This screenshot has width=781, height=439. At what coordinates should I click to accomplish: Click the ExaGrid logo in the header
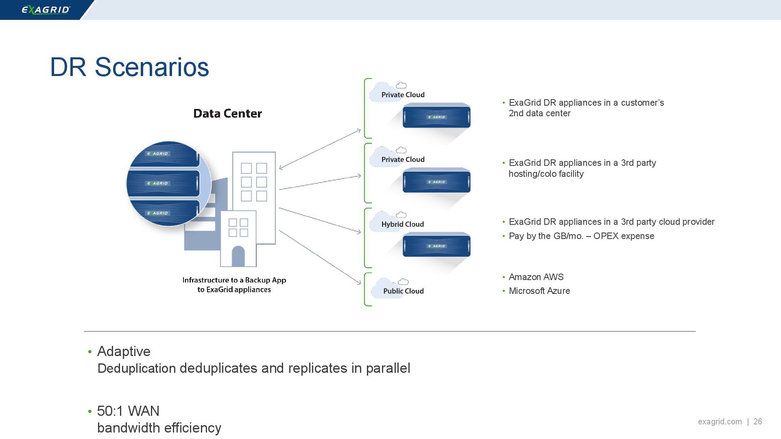46,10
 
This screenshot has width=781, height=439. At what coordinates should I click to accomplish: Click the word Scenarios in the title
152,67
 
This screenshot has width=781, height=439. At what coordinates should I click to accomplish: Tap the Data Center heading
227,113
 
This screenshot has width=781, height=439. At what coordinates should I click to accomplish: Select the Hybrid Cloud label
402,224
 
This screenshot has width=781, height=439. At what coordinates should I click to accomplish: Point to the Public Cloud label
403,291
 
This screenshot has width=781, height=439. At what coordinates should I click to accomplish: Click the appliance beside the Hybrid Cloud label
436,246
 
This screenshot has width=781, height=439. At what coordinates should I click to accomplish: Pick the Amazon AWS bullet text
536,277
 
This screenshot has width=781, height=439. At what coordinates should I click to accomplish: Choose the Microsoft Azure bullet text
539,291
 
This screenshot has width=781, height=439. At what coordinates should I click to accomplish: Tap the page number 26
757,422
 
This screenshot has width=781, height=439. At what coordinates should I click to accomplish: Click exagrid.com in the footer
720,422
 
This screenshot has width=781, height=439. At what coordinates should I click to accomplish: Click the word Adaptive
124,352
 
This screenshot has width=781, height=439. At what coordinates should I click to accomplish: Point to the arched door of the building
238,257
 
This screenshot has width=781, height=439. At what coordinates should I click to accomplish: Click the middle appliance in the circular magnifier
163,183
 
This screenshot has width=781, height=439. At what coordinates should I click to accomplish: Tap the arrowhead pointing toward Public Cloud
359,283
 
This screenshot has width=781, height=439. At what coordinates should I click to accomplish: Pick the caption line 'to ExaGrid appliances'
234,290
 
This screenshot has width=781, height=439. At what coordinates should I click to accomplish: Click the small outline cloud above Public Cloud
403,282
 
